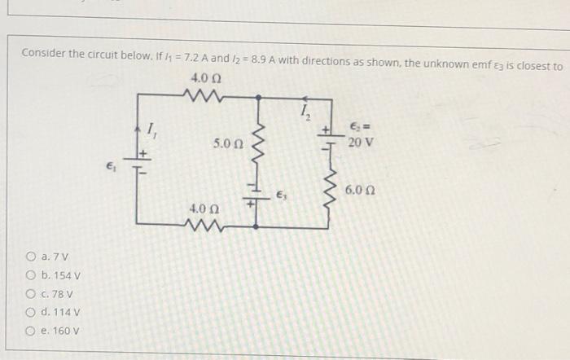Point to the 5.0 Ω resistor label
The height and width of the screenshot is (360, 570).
click(227, 143)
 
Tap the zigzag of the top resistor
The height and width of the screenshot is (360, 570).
click(200, 96)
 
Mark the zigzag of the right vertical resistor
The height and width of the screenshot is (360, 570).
click(332, 189)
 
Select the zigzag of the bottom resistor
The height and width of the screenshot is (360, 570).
click(202, 224)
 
